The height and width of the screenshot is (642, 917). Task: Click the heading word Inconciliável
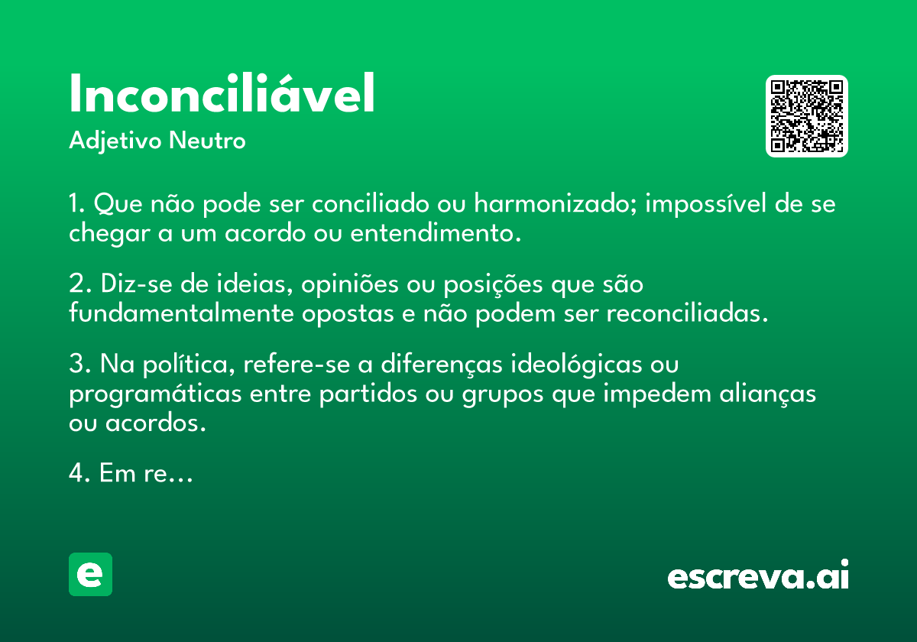(222, 93)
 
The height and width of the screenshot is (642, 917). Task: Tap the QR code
(806, 116)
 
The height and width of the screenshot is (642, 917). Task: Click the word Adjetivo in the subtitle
(115, 141)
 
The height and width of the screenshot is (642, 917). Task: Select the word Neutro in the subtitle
(207, 141)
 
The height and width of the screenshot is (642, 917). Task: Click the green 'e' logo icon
(90, 574)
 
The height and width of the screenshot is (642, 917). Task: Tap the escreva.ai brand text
(758, 575)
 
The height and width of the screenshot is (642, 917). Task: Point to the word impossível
(705, 204)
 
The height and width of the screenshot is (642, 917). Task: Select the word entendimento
(436, 232)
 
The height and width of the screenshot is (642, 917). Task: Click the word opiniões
(350, 284)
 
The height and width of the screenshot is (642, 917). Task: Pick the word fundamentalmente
(181, 313)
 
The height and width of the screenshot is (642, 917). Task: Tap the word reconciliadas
(687, 313)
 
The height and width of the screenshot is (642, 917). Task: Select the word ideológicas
(576, 364)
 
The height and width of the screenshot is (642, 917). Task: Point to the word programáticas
(155, 394)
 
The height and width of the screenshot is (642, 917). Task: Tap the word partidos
(368, 394)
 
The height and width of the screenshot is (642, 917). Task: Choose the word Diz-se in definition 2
(137, 283)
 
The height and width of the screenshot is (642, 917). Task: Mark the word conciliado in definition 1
(370, 203)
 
